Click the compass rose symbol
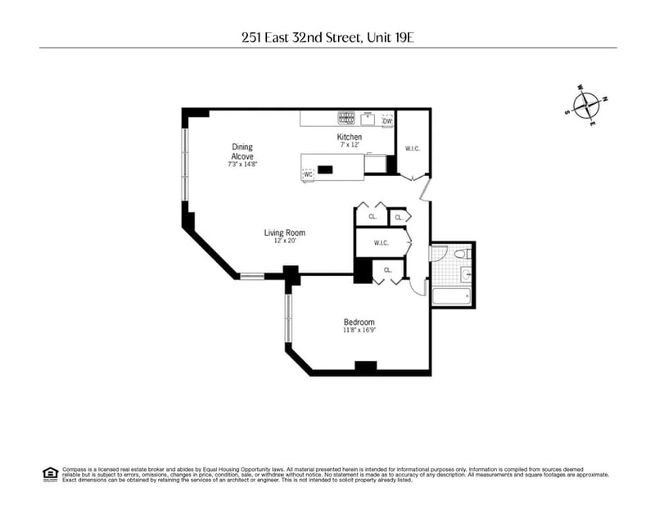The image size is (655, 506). coord(587,106)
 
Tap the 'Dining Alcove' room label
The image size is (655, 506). coord(242,151)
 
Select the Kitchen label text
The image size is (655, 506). coord(350,137)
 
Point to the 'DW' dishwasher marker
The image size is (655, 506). coord(387,122)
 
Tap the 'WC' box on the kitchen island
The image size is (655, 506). coord(309,174)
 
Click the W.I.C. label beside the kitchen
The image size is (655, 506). coord(413,148)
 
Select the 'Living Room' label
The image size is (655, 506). coord(284,233)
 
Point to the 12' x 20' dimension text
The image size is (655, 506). coord(284,241)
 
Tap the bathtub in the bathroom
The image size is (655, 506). coord(452,296)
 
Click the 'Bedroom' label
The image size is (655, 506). coord(359,322)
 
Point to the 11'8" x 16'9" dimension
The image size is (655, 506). coord(359,331)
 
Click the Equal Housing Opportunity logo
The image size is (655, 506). coord(49,472)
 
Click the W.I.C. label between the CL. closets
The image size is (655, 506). coord(381,242)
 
